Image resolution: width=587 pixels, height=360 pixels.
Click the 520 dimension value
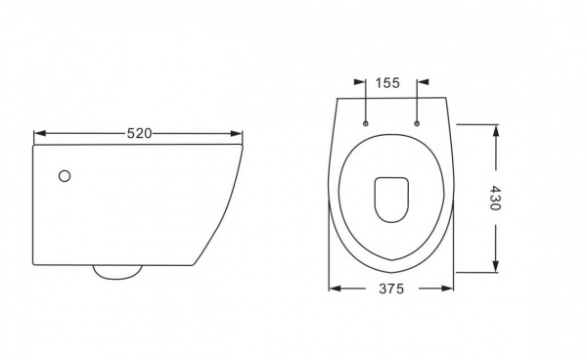(x=139, y=133)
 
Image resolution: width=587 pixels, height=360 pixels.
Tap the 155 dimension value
(x=387, y=83)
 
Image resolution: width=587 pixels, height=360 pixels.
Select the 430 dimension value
(x=495, y=198)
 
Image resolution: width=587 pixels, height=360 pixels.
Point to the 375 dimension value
(x=391, y=289)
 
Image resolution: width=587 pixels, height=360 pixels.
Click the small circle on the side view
(x=65, y=176)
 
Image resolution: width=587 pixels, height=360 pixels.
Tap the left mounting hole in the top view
(x=366, y=123)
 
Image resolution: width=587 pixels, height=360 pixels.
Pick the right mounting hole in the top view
(x=417, y=123)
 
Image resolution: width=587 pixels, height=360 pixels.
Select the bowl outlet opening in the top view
(x=391, y=200)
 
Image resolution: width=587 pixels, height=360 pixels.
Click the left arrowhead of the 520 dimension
(x=40, y=133)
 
